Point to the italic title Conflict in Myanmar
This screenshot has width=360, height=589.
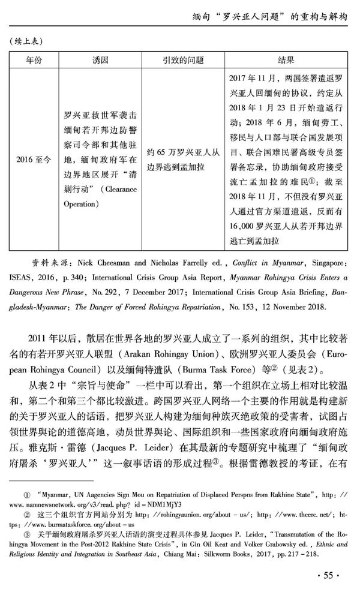[253, 262]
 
